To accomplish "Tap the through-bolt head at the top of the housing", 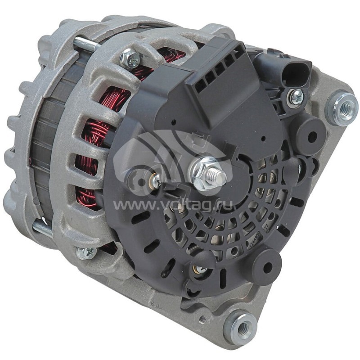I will pos(130,59).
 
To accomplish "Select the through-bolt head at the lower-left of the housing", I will pos(86,252).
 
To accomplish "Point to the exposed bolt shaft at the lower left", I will pos(43,229).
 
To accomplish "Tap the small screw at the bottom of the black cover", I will pos(198,269).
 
